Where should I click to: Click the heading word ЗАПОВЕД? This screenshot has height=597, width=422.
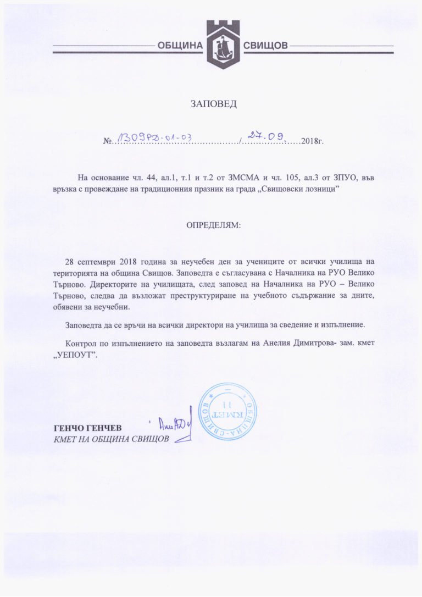(213, 103)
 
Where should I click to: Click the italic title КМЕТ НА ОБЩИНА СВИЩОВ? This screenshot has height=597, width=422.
(112, 439)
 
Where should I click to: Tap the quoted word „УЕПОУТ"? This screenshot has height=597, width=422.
(76, 355)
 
